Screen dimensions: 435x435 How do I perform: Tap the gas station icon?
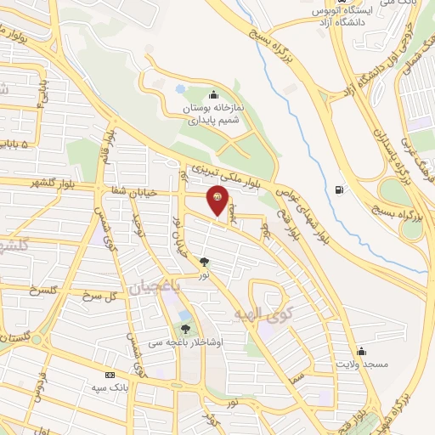341,189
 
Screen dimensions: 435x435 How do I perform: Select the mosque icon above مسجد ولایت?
362,351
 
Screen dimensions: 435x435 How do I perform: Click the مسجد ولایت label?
362,364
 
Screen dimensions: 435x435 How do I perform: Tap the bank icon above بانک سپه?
109,375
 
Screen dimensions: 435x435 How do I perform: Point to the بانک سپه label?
109,387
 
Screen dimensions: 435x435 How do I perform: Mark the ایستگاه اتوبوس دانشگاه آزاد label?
340,15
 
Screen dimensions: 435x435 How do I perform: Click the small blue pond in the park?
180,88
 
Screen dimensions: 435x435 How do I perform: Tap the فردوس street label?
37,390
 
